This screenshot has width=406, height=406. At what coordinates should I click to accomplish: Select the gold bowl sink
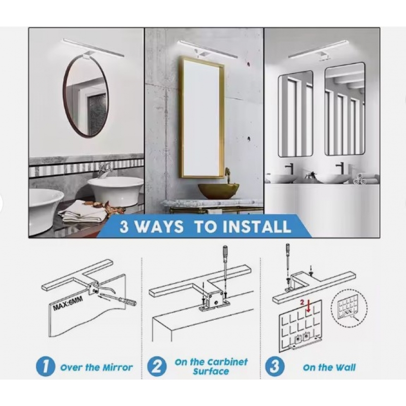pos(218,191)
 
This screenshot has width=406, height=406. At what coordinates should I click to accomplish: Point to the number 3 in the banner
pos(124,227)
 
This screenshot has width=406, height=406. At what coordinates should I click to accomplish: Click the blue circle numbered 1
pos(46,367)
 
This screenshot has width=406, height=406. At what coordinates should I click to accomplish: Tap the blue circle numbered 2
pos(157,366)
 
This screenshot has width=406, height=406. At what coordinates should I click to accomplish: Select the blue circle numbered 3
pos(275,366)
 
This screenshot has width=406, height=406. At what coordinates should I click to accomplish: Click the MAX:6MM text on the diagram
pos(68,303)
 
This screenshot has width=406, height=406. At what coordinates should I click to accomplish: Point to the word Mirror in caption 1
pos(118,367)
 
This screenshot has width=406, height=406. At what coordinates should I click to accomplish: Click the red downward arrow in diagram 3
pos(309,307)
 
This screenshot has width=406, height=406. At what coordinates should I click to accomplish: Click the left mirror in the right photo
pos(295,113)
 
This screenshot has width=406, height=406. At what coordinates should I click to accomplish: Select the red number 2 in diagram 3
pos(301,302)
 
